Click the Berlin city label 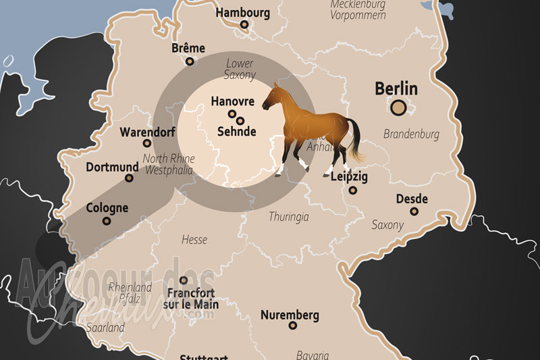coord(396,88)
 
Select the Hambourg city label coord(243,12)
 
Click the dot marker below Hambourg coord(244,25)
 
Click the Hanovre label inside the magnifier coord(233,101)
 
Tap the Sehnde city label coord(236,132)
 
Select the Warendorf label coord(146,131)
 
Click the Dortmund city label coord(112,166)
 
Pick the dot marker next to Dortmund coord(129,178)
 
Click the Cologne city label coord(107,208)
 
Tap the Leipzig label coord(350,177)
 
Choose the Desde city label coord(412,199)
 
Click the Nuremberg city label coord(290,315)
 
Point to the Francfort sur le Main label coord(192,299)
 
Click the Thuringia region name coord(289,217)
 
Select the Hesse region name coord(194,239)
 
